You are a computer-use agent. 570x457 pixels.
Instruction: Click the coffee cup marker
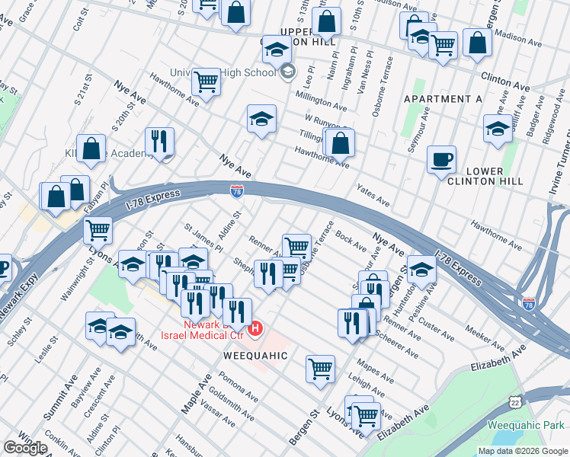tap(441, 161)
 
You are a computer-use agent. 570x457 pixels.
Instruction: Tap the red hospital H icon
tap(256, 329)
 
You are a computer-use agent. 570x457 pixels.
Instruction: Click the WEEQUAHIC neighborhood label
tap(255, 356)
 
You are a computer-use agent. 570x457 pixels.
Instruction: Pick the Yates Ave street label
tap(373, 197)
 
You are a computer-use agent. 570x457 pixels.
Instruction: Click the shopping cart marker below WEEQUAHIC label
tap(320, 369)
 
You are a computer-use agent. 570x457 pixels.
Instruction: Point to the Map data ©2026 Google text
tap(522, 451)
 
